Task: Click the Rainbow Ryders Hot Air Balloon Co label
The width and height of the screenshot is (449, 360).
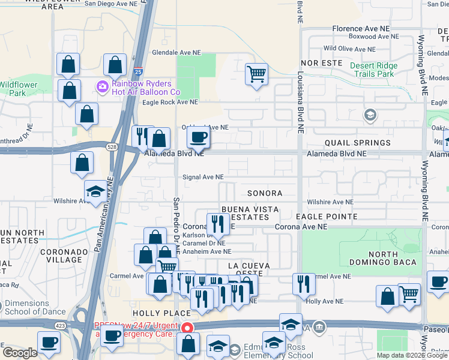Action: click(146, 88)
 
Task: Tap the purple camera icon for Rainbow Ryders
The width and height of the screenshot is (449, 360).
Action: click(103, 88)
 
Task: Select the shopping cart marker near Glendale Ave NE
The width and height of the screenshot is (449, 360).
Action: click(256, 74)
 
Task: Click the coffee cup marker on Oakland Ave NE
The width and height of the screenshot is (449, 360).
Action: click(198, 137)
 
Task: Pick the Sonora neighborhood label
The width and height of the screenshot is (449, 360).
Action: click(265, 193)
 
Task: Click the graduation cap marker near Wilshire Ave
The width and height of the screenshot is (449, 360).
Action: click(95, 191)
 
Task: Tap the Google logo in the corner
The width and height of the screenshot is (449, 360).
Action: click(19, 353)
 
